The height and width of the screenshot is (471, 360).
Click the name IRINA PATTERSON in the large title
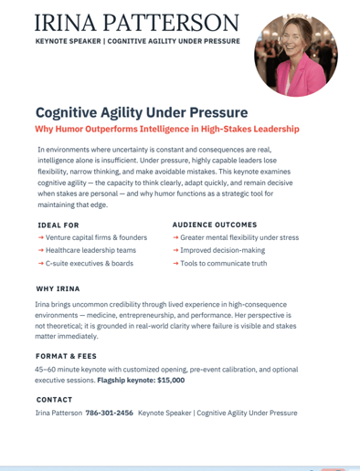tap(137, 23)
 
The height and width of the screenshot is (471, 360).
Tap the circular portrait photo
tap(296, 55)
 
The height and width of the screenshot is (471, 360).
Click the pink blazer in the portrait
tap(301, 78)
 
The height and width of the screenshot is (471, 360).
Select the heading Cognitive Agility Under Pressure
tap(142, 113)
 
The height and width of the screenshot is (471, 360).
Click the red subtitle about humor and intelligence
tap(167, 129)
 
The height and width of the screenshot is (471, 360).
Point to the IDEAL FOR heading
tap(58, 225)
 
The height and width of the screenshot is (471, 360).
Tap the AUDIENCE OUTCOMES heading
tap(215, 225)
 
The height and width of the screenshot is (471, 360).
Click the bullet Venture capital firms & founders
tap(96, 237)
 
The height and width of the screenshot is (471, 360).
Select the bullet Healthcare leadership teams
tap(90, 250)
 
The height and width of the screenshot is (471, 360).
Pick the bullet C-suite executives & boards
tap(90, 263)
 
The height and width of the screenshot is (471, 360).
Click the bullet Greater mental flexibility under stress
tap(239, 237)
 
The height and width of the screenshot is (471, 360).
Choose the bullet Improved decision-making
tap(223, 250)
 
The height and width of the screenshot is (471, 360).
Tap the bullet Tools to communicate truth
tap(224, 263)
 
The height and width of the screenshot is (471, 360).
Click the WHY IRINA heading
tap(58, 288)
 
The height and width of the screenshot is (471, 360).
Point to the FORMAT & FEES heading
tap(66, 356)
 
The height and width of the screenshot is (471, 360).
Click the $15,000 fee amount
tap(171, 381)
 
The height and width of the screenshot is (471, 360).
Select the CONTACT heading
tap(54, 400)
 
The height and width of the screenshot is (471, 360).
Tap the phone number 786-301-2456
tap(110, 413)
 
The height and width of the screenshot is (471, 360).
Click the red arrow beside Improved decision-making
tap(175, 250)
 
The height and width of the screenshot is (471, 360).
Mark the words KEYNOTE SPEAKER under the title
tap(69, 41)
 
